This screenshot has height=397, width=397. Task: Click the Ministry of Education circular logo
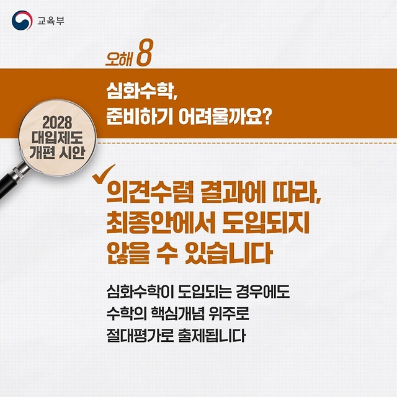pyautogui.click(x=22, y=20)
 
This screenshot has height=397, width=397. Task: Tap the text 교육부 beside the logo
pyautogui.click(x=51, y=20)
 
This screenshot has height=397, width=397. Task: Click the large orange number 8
pyautogui.click(x=145, y=53)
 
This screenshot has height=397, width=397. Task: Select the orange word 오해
pyautogui.click(x=119, y=58)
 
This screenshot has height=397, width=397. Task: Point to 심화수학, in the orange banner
pyautogui.click(x=141, y=91)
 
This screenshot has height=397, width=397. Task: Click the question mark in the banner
pyautogui.click(x=265, y=117)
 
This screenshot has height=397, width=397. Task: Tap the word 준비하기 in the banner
pyautogui.click(x=140, y=117)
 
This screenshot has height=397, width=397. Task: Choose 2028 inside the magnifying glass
pyautogui.click(x=57, y=123)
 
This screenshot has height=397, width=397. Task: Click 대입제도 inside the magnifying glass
pyautogui.click(x=57, y=138)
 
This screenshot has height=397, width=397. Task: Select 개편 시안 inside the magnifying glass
pyautogui.click(x=57, y=153)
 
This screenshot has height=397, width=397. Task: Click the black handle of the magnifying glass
pyautogui.click(x=10, y=182)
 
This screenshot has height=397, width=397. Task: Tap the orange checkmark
pyautogui.click(x=104, y=174)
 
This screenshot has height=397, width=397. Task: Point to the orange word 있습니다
pyautogui.click(x=229, y=253)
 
